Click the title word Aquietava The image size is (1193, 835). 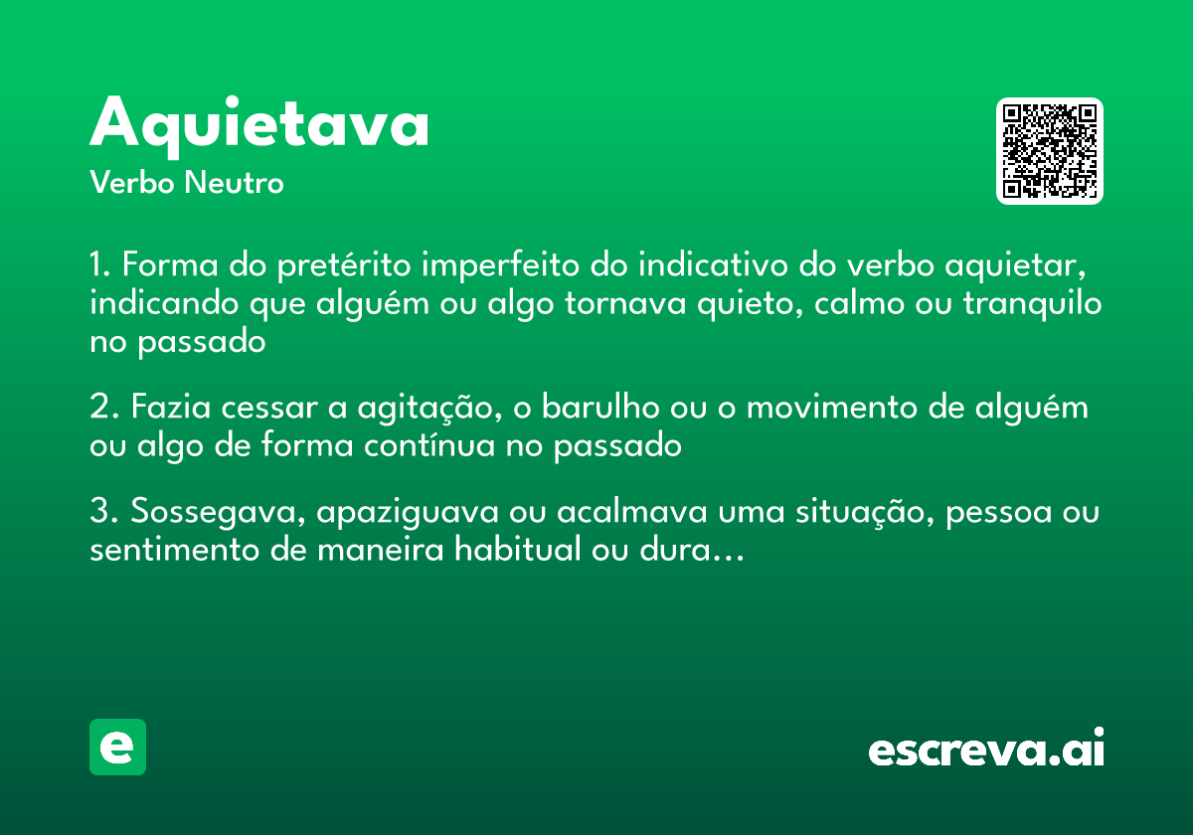click(259, 124)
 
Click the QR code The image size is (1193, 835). click(1049, 151)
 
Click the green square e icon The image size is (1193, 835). click(117, 747)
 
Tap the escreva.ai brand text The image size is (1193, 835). click(986, 749)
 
